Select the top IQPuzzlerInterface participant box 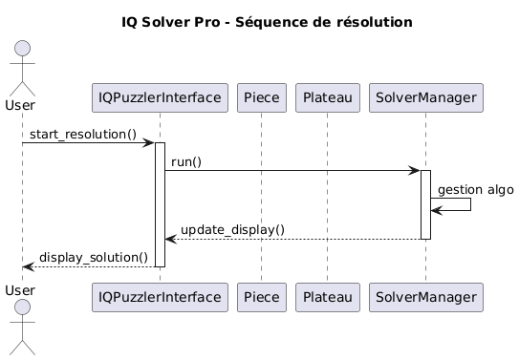point(160,96)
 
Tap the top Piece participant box point(262,96)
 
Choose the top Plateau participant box point(327,96)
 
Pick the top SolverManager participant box point(426,96)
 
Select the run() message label point(186,162)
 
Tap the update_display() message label point(232,229)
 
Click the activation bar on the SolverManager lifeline point(425,204)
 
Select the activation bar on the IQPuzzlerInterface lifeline point(160,204)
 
